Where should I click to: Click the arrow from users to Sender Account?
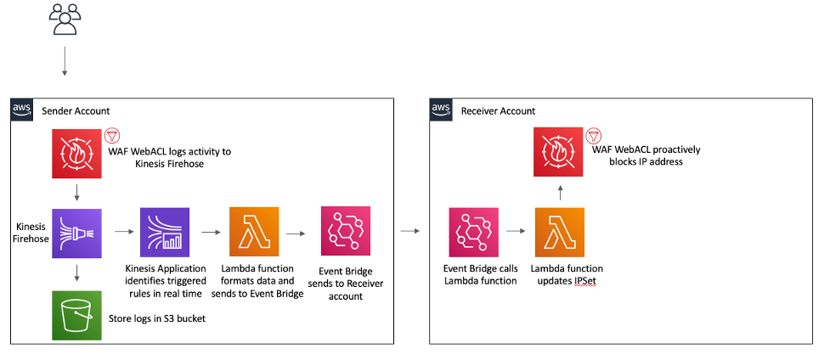pyautogui.click(x=65, y=62)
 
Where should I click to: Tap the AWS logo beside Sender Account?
pyautogui.click(x=22, y=110)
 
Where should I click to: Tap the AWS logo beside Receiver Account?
pyautogui.click(x=441, y=110)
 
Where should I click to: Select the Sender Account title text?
pyautogui.click(x=76, y=111)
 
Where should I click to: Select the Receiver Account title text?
pyautogui.click(x=498, y=111)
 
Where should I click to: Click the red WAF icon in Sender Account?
pyautogui.click(x=76, y=153)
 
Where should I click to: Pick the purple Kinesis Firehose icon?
pyautogui.click(x=76, y=233)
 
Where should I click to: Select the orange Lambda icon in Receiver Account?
pyautogui.click(x=559, y=232)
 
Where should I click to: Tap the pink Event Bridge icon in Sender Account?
pyautogui.click(x=344, y=232)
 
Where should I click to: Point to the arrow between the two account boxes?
pyautogui.click(x=412, y=231)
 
